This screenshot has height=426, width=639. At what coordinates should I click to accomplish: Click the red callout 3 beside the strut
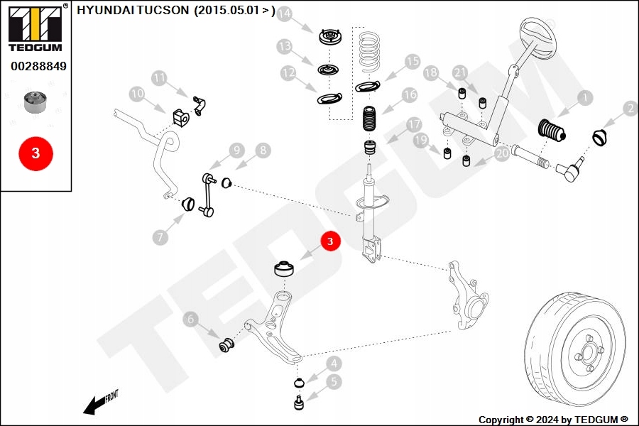tap(330, 242)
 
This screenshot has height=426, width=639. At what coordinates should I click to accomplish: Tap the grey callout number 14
tap(285, 14)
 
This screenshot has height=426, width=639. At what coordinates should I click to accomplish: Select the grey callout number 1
tap(584, 97)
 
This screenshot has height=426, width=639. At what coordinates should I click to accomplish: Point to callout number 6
tap(190, 320)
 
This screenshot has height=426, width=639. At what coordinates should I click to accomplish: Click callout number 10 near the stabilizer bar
tap(136, 94)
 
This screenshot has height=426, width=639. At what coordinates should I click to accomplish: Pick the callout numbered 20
tap(502, 153)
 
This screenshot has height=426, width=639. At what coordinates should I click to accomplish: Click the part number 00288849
tap(38, 67)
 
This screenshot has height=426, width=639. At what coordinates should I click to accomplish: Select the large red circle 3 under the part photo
tap(35, 152)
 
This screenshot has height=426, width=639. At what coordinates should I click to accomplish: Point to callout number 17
tap(414, 125)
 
